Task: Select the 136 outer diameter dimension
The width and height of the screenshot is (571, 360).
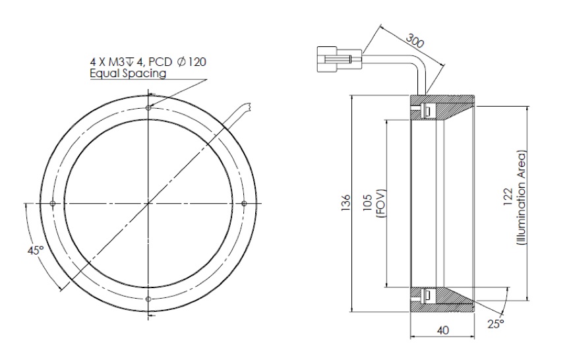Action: (344, 204)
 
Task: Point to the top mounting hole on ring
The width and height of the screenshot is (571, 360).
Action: (150, 107)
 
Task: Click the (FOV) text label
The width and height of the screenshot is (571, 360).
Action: (382, 204)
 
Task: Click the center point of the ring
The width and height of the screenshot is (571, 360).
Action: (150, 203)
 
